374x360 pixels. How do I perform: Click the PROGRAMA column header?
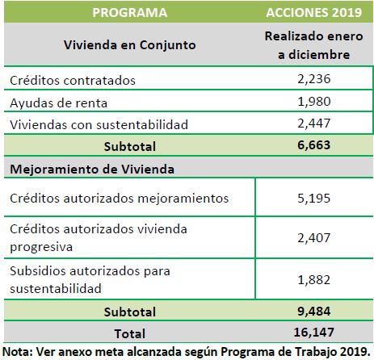click(130, 13)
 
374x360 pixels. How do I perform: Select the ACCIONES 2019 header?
click(314, 13)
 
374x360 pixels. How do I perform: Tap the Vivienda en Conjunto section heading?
click(130, 44)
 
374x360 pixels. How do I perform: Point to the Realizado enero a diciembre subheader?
click(314, 45)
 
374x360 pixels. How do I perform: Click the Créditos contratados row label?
click(73, 80)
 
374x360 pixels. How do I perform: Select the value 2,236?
click(314, 79)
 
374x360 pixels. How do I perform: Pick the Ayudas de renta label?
click(59, 103)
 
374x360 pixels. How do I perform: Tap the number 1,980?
click(314, 102)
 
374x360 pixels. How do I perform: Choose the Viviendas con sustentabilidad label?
click(99, 124)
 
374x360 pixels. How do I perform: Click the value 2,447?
click(314, 123)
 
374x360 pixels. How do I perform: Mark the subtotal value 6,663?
click(314, 145)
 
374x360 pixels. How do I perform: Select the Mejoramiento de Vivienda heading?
click(92, 170)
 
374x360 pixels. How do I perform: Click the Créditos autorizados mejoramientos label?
click(120, 199)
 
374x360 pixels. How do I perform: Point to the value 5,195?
click(314, 199)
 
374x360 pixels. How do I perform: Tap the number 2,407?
click(314, 238)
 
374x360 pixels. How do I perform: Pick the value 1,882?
click(314, 280)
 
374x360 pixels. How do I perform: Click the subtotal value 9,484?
click(314, 312)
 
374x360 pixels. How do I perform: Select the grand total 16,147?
click(314, 333)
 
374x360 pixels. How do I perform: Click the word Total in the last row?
click(130, 333)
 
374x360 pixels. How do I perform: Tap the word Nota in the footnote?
click(17, 351)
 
